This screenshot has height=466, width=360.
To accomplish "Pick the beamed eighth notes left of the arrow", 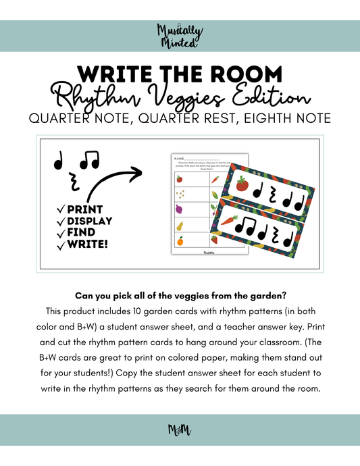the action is [x=88, y=161].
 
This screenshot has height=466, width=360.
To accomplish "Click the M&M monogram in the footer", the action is [x=180, y=430].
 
